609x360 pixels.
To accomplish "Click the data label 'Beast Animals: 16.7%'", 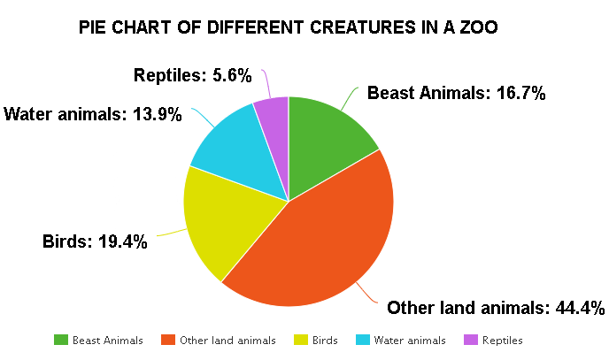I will [456, 93].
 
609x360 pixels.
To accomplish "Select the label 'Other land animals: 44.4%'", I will [496, 308].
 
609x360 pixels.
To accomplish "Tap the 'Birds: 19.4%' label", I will [95, 241].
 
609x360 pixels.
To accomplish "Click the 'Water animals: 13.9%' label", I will [93, 114].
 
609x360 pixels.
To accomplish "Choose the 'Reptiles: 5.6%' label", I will [194, 76].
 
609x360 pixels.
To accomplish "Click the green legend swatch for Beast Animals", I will [61, 340].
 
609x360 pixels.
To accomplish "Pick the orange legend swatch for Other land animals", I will [168, 340].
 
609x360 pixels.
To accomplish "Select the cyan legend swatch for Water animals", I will [363, 340].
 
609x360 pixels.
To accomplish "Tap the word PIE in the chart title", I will [92, 27].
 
